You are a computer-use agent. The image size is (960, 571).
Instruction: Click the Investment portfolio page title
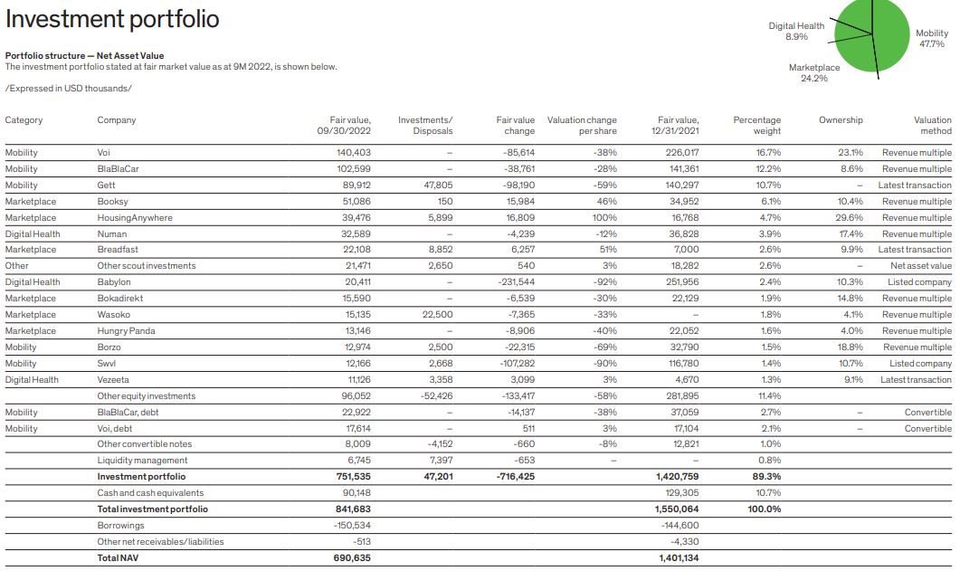(112, 19)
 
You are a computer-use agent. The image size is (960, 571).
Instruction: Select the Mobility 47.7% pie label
(932, 38)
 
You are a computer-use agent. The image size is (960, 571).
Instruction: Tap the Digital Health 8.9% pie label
(796, 31)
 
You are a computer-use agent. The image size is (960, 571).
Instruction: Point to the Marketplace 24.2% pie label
(814, 72)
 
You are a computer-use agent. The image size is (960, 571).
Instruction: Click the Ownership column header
(841, 120)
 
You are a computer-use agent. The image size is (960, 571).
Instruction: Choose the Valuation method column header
(932, 125)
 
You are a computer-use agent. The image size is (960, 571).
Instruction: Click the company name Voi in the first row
(104, 153)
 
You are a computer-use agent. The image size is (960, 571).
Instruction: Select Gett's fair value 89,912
(353, 186)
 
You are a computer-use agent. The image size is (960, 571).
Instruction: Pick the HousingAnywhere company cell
(135, 218)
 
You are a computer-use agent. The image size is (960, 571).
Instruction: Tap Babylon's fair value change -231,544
(517, 282)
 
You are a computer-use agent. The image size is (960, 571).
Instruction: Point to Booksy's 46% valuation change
(606, 202)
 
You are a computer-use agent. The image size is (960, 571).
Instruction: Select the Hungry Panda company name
(126, 331)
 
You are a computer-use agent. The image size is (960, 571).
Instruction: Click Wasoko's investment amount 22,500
(437, 315)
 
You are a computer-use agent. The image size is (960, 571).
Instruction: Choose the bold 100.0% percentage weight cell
(764, 509)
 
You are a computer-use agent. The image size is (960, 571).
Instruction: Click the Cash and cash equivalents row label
(150, 493)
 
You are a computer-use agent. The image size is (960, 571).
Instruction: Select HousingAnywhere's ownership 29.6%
(850, 218)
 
